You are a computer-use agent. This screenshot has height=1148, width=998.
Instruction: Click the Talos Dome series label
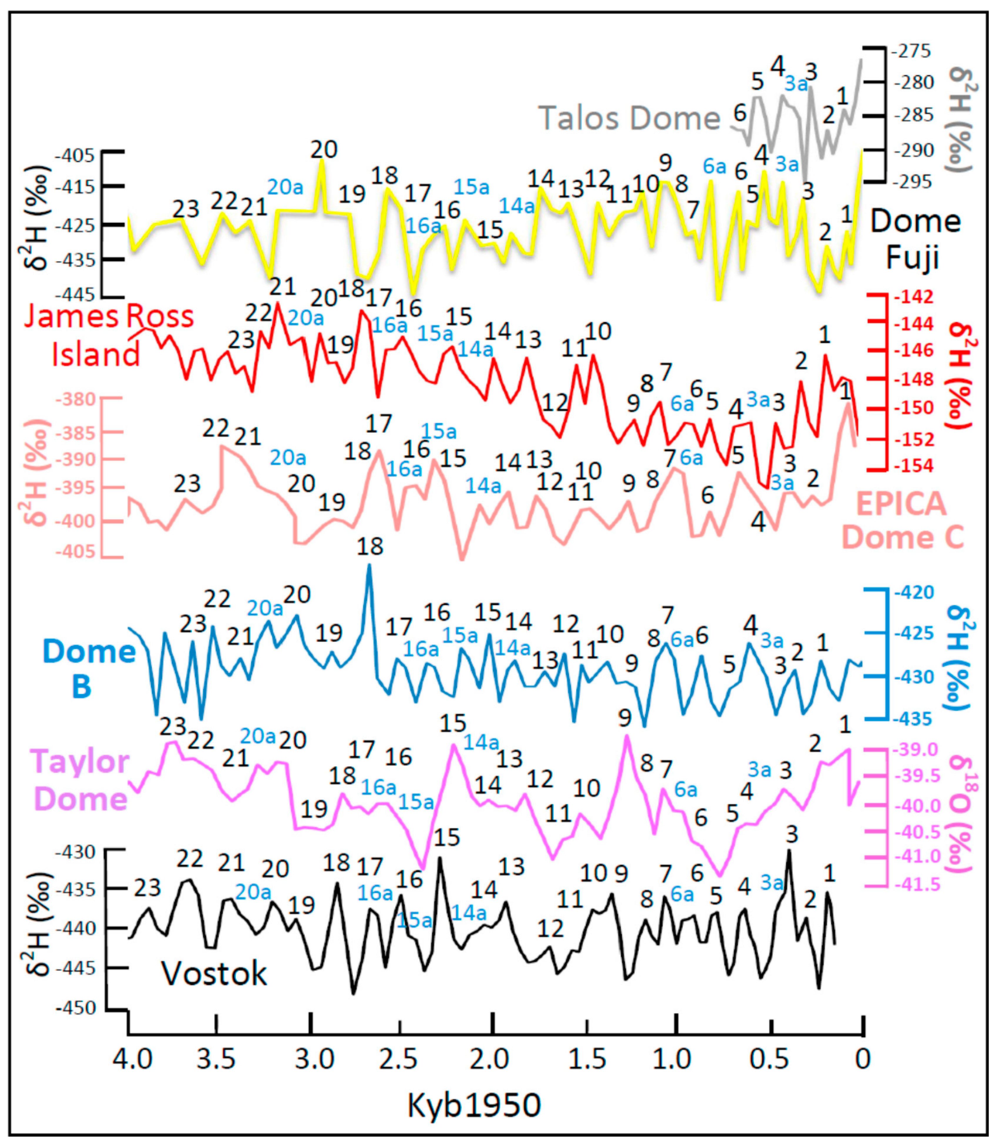click(629, 118)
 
